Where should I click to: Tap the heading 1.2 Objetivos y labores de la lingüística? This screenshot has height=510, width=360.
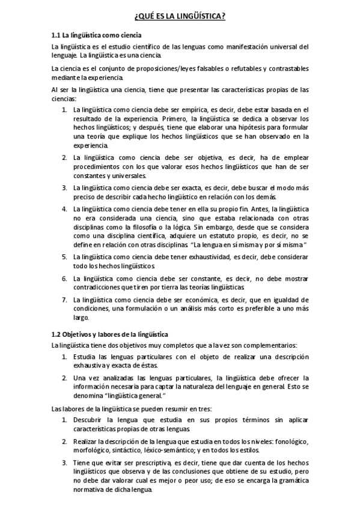(109, 334)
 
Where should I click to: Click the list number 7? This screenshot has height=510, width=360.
(64, 299)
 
